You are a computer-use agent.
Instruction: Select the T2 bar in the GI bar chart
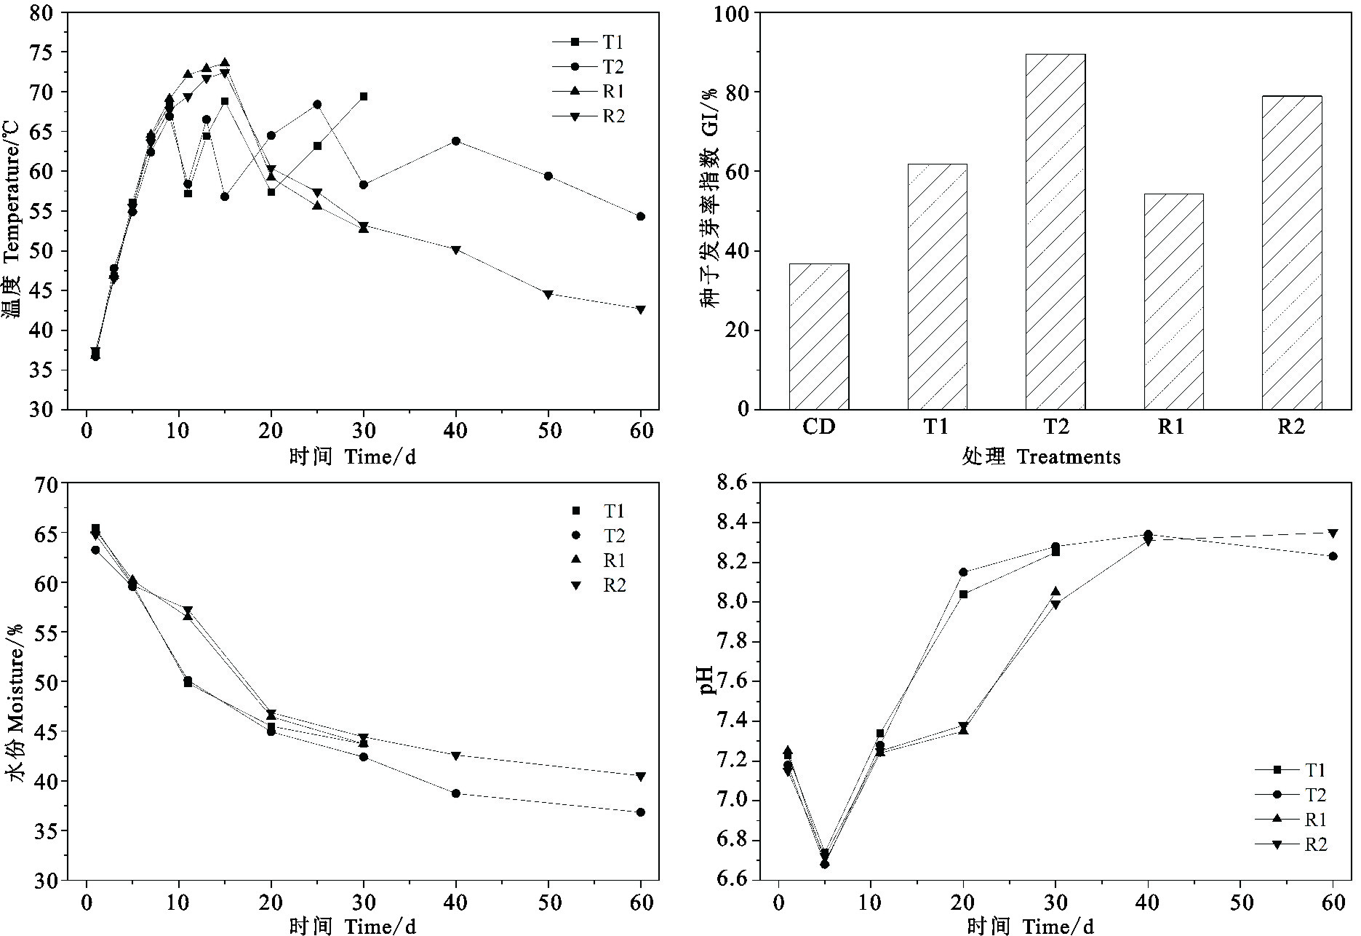(x=1055, y=231)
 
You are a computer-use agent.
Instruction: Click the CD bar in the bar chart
(x=818, y=336)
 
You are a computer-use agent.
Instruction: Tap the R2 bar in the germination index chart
(x=1291, y=253)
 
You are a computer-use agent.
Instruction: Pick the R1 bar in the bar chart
(x=1173, y=301)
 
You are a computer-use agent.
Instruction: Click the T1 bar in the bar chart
(x=937, y=286)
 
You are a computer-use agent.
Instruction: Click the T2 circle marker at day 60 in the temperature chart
(x=640, y=216)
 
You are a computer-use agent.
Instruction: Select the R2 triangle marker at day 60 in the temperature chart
(x=640, y=309)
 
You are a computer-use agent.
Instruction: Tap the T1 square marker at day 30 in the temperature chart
(x=363, y=96)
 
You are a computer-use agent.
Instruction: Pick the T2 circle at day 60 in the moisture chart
(x=640, y=812)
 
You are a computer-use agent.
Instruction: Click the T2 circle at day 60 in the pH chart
(x=1333, y=556)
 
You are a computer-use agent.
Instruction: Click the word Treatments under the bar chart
(x=1068, y=457)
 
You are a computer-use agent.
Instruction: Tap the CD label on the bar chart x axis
(x=818, y=427)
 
